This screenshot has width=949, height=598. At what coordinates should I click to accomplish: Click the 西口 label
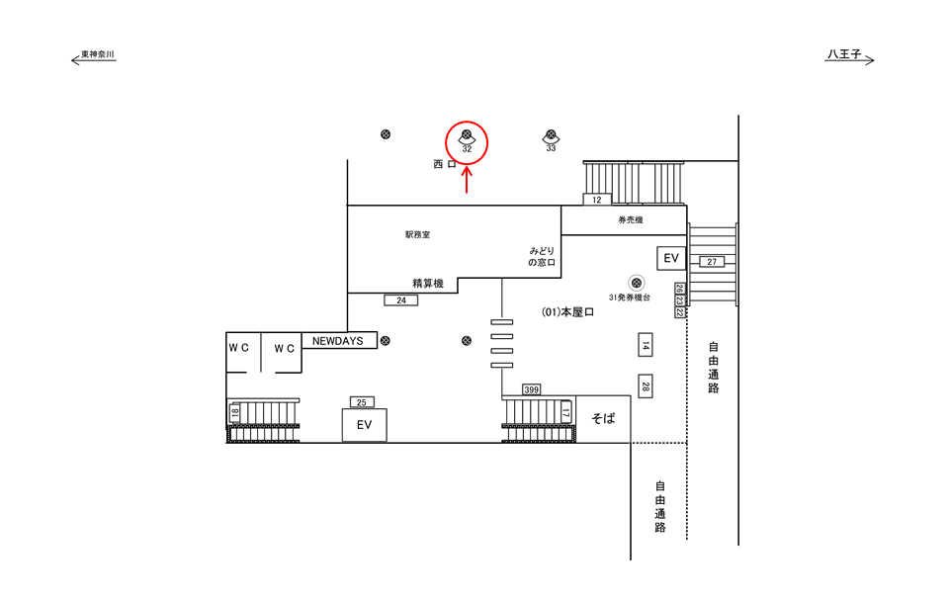click(x=444, y=164)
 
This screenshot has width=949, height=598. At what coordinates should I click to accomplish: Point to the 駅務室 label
click(x=417, y=235)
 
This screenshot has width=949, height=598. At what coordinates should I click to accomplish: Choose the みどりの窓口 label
click(x=542, y=257)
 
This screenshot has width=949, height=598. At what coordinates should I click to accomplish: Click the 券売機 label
click(x=631, y=219)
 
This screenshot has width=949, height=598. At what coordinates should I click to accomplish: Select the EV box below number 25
click(x=364, y=424)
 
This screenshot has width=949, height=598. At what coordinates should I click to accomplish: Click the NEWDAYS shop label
click(x=338, y=341)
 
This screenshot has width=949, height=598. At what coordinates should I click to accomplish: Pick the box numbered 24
click(x=400, y=299)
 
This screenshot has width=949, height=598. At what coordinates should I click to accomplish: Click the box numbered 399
click(x=532, y=389)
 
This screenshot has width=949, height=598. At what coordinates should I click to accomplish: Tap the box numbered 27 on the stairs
click(x=712, y=262)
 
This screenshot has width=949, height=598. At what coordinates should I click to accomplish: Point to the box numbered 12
click(x=596, y=200)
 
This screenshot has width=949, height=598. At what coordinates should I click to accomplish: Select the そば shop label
click(x=603, y=419)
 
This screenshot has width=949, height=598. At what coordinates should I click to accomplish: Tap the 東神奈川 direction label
click(x=98, y=55)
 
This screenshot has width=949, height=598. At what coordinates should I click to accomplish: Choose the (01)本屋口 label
click(x=567, y=312)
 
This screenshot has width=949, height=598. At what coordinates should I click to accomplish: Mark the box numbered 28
click(x=646, y=386)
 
